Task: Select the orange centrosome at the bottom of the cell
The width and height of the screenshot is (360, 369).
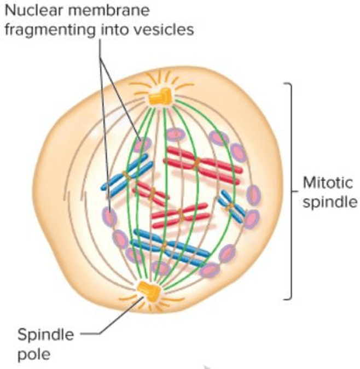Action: point(148,288)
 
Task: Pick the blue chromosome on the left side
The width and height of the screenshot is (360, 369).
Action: point(124,176)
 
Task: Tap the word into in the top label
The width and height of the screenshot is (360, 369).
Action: point(116,30)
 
